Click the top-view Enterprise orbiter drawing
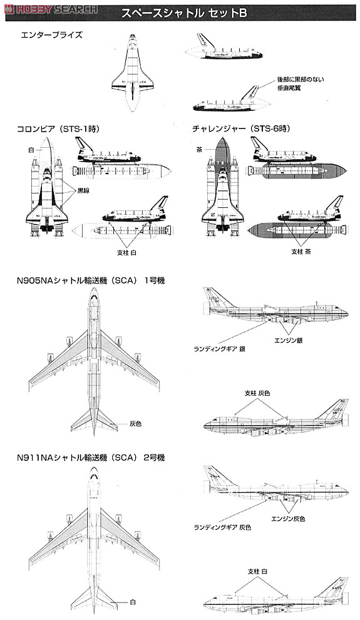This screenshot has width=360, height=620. [133, 75]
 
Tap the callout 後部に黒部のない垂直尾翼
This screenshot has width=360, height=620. [300, 85]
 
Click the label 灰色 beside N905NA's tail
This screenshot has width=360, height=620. [135, 423]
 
